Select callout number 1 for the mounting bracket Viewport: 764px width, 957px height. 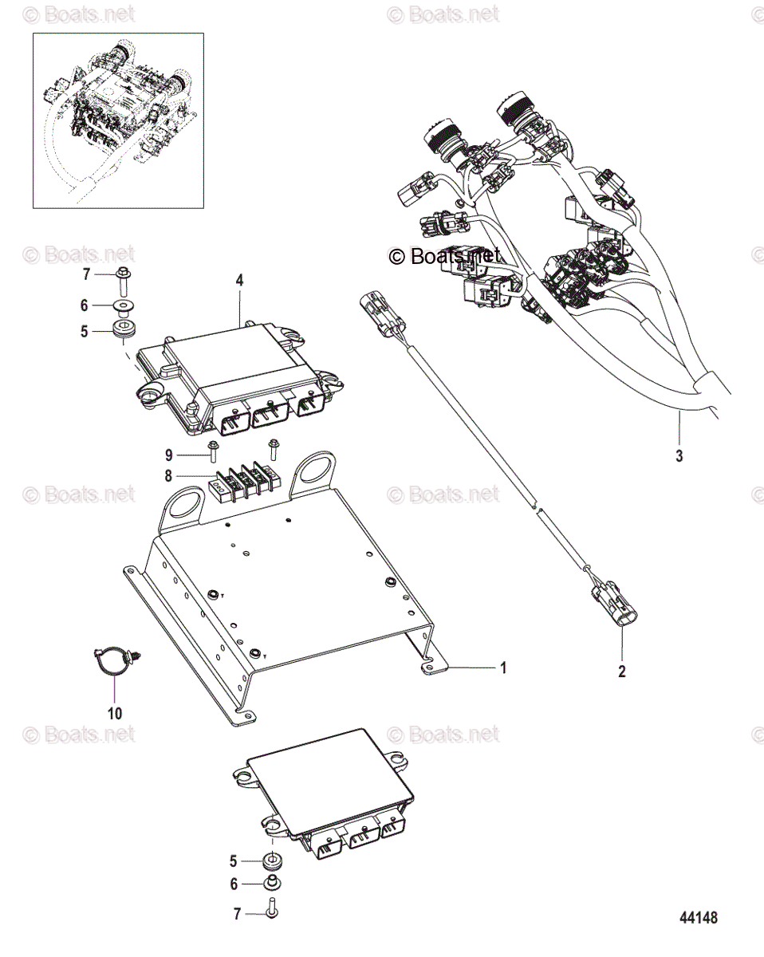point(502,668)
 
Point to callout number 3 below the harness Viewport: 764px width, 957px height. point(679,457)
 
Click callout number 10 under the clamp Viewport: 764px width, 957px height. point(114,712)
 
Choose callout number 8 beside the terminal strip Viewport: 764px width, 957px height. point(168,477)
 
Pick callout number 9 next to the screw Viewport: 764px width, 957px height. point(168,455)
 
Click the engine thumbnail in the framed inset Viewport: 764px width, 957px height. point(118,120)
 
